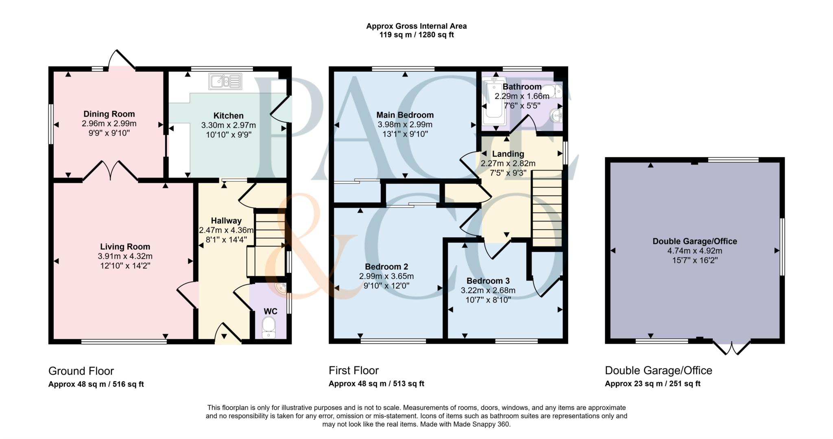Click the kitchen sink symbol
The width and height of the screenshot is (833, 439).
point(225,81)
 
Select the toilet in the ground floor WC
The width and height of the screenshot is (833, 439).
point(269,327)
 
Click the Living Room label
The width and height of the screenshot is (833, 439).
point(125,247)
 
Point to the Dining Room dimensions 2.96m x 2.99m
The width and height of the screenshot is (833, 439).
point(109,123)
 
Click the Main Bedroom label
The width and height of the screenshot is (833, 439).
point(405,115)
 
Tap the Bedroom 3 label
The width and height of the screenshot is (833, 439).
point(488,281)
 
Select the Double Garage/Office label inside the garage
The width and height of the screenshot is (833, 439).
point(694,241)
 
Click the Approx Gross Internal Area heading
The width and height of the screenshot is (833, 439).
point(416,26)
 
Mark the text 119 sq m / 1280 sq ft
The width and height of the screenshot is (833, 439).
point(416,35)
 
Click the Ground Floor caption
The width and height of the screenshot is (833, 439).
point(81,371)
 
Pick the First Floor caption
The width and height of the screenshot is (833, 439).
point(353,370)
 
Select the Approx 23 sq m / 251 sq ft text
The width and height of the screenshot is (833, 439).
point(652,384)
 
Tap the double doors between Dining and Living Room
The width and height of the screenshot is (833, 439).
point(110,171)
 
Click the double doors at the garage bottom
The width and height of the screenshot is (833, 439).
point(731,348)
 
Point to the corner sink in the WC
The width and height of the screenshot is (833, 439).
point(281,289)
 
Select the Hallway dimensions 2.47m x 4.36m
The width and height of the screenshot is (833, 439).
point(226,230)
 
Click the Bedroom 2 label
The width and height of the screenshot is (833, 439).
point(386,267)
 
